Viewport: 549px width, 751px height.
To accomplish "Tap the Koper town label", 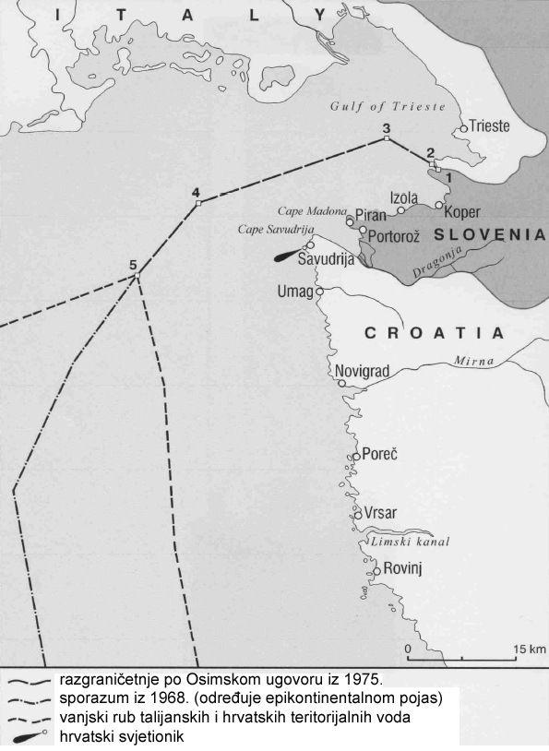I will click(462, 211).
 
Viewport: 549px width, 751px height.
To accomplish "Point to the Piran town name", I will click(371, 215).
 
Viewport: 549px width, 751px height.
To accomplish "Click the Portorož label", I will click(394, 236).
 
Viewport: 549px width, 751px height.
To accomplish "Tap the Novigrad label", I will click(363, 371).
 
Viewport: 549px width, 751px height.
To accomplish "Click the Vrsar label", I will click(380, 517).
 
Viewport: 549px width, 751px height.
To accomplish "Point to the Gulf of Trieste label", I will click(388, 106).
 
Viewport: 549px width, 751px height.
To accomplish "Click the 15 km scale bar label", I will click(530, 650).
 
